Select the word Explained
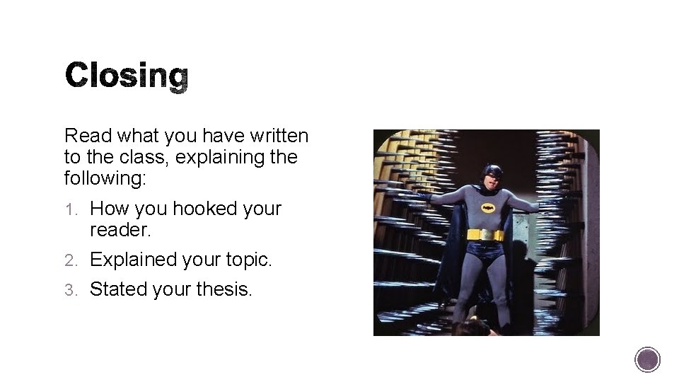click(x=134, y=260)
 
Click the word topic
click(x=246, y=260)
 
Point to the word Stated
click(x=116, y=289)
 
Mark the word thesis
click(x=221, y=289)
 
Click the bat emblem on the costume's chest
click(x=488, y=207)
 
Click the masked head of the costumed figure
click(x=492, y=176)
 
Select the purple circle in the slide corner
click(x=647, y=359)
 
